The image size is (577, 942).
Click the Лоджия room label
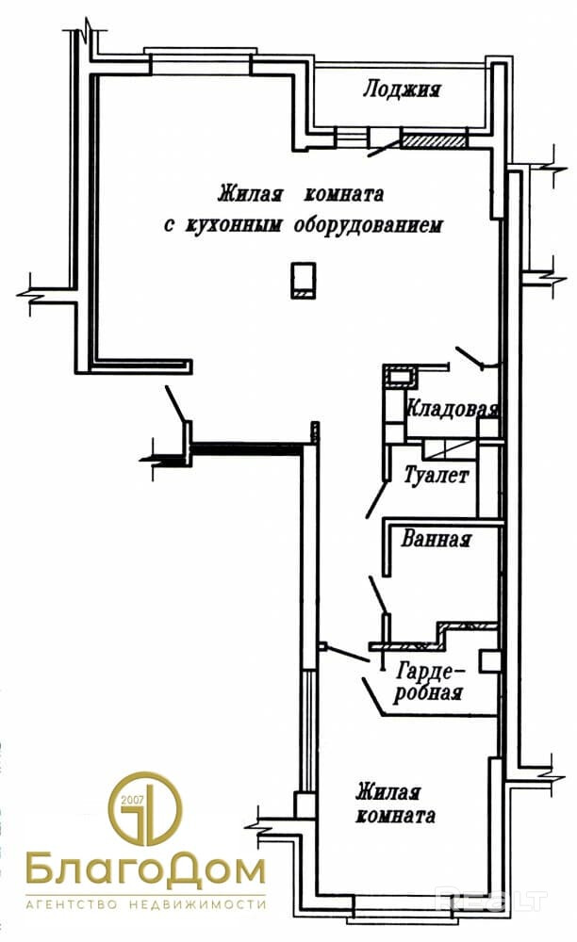pos(402,90)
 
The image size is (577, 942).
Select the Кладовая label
pos(452,410)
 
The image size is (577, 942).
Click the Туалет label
pos(436,477)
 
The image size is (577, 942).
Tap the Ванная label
pos(436,541)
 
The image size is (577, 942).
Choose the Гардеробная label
pos(430,683)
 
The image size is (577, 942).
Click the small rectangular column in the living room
pos(302,280)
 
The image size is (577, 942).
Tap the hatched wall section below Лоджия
pos(435,141)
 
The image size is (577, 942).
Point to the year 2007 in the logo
pos(136,800)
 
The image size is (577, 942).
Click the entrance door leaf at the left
pos(176,405)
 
